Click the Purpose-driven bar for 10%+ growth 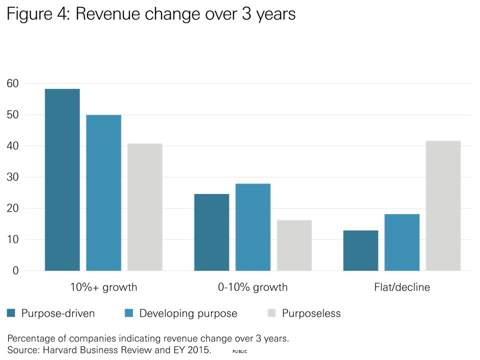coord(62,180)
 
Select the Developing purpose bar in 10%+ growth coord(103,193)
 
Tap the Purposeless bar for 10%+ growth coord(145,207)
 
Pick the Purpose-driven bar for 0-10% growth coord(211,232)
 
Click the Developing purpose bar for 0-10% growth coord(253,227)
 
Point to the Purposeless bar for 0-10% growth coord(294,245)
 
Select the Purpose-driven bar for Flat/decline coord(360,250)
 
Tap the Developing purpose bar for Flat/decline coord(402,242)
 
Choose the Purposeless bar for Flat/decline coord(443,206)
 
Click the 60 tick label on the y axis coord(12,83)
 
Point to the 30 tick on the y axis coord(12,177)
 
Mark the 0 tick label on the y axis coord(15,271)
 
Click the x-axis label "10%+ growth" coord(103,287)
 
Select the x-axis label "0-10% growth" coord(253,287)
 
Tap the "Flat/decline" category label coord(402,287)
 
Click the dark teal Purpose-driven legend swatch coord(11,313)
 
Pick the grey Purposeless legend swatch coord(271,313)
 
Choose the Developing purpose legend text coord(188,313)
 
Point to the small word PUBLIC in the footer coord(240,352)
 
